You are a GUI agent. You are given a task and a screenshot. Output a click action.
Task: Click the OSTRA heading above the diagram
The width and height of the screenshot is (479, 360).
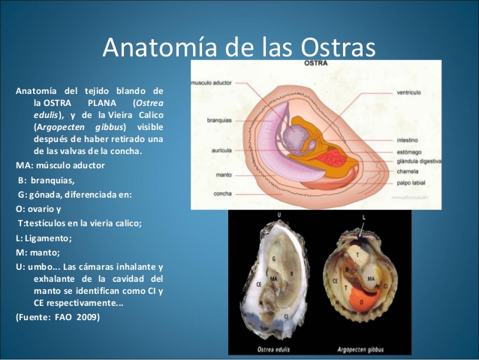[x=314, y=65]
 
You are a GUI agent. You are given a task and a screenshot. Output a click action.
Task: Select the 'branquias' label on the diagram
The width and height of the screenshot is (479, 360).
[x=221, y=120]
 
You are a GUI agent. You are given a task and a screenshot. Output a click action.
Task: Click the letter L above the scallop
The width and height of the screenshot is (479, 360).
[x=363, y=217]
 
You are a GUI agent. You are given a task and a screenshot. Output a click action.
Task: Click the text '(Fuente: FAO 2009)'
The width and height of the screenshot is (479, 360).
[x=57, y=316]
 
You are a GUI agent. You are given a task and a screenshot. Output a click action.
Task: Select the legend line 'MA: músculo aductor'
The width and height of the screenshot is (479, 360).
[x=61, y=165]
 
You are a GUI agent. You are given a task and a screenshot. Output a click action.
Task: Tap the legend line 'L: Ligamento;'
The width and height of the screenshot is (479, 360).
[x=44, y=237]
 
